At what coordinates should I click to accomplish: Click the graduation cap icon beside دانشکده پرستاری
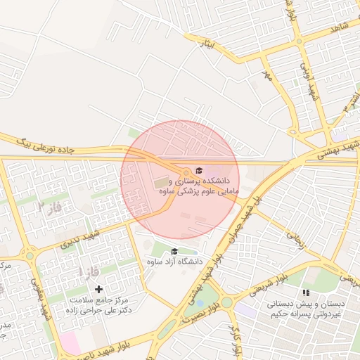click(198, 171)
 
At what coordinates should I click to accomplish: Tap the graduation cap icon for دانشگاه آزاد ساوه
click(174, 251)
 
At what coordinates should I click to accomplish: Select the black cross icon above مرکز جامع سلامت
click(98, 289)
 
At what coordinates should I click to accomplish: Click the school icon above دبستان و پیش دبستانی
click(305, 292)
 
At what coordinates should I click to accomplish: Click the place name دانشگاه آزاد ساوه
click(174, 262)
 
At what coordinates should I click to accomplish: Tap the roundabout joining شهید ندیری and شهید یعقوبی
click(30, 255)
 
